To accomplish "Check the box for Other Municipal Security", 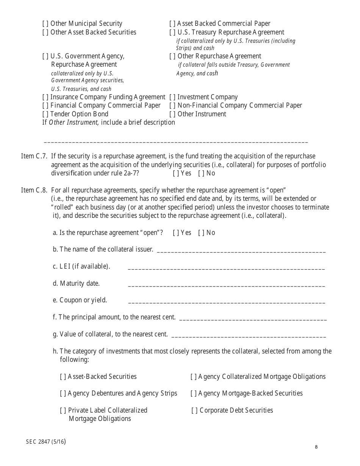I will tap(45, 23).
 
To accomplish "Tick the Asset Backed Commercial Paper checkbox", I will tap(172, 23).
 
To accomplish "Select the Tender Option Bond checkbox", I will tap(45, 114).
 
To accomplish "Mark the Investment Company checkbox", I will tap(172, 97).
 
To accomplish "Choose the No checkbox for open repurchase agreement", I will tap(201, 233).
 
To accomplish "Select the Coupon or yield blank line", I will tap(226, 302).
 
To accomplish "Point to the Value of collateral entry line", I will tap(249, 336).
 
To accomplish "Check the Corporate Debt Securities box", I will tap(194, 410).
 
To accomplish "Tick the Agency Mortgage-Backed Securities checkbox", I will tap(193, 393).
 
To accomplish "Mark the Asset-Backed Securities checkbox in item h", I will tap(63, 377).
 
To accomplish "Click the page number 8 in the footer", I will tap(316, 447).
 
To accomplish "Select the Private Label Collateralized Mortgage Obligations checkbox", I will tap(63, 410).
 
